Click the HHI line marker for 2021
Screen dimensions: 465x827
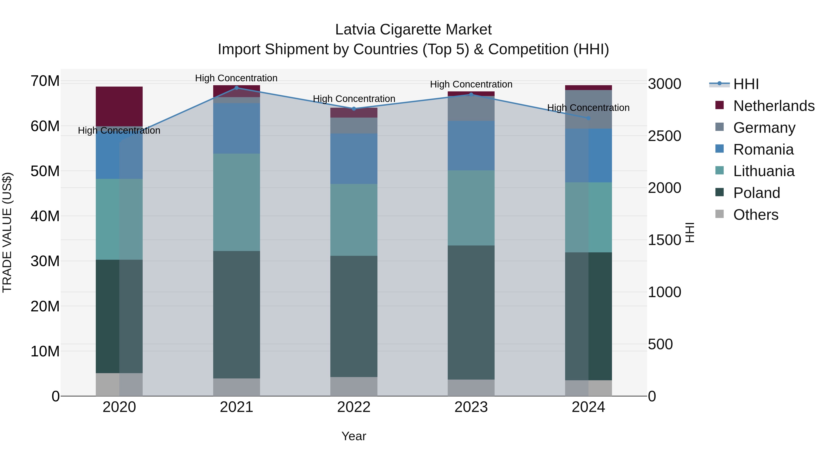tap(237, 88)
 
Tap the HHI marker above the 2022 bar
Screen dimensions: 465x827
tap(354, 109)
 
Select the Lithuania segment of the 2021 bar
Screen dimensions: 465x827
tap(237, 202)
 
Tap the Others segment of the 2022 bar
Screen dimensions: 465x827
tap(354, 386)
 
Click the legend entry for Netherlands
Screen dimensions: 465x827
tap(773, 106)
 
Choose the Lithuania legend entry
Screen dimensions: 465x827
tap(763, 171)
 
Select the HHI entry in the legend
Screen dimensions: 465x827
tap(746, 84)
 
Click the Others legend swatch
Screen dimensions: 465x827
tap(719, 214)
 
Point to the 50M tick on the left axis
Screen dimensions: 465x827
tap(45, 171)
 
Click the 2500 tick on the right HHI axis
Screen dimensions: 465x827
tap(664, 136)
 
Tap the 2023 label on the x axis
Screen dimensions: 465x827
tap(471, 407)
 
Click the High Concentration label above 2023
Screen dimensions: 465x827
tap(471, 85)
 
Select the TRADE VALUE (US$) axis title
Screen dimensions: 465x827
tap(7, 232)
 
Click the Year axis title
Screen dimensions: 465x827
tap(354, 436)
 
